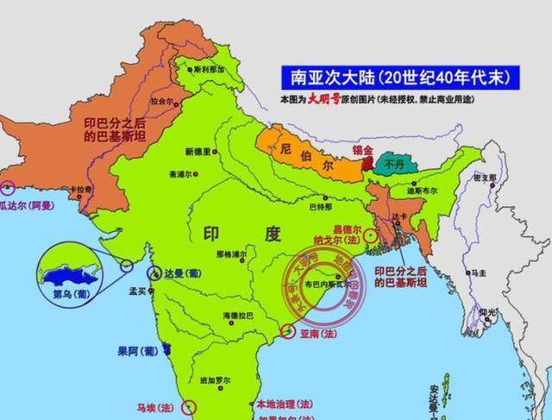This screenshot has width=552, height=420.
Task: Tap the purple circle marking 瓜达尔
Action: (9, 187)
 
